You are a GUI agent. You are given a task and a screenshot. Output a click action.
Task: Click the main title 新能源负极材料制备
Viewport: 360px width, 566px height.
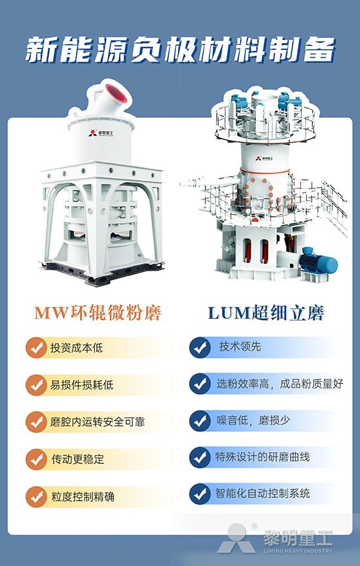(x=180, y=50)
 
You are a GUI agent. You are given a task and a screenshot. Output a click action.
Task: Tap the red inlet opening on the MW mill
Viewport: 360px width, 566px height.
(x=117, y=93)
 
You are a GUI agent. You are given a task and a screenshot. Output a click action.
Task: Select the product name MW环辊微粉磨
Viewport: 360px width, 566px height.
(x=98, y=313)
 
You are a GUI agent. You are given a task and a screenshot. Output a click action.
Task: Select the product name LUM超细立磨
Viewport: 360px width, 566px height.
(x=266, y=313)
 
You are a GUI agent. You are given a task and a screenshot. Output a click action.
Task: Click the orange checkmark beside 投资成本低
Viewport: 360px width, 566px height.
(x=36, y=347)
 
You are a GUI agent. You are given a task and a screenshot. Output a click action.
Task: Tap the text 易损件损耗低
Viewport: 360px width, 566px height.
(x=82, y=385)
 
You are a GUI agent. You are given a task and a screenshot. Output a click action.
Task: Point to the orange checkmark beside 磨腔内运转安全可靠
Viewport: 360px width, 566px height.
(x=36, y=422)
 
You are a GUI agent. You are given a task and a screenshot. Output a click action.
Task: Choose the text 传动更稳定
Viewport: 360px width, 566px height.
(x=78, y=459)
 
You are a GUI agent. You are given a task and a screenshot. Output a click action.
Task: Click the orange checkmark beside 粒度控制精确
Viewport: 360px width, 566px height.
(x=36, y=497)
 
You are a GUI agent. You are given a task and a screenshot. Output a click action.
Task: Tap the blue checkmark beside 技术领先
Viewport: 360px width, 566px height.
(x=200, y=347)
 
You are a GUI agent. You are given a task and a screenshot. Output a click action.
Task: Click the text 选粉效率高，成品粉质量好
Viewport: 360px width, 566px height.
(x=280, y=383)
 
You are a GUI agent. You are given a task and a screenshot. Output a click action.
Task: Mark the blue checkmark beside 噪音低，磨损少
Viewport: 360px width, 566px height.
(x=200, y=421)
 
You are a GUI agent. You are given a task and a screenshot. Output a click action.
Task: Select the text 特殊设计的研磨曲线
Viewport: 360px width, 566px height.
(x=262, y=457)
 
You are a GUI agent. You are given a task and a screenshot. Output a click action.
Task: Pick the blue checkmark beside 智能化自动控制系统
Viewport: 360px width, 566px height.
(x=200, y=494)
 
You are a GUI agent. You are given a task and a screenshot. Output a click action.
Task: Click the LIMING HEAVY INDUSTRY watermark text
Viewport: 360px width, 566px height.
(x=298, y=551)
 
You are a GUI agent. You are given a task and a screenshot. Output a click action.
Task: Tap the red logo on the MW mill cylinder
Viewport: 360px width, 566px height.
(x=93, y=133)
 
